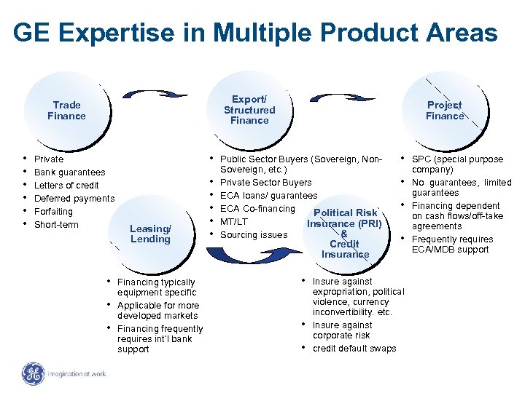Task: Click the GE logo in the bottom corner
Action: coord(33,373)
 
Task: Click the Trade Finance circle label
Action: coord(66,111)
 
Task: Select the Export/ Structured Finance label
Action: coord(249,110)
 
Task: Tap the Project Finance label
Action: coord(445,111)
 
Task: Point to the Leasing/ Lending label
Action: coord(150,234)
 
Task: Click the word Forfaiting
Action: coord(53,212)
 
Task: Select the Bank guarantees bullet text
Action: coord(69,172)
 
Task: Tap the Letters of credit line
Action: coord(66,186)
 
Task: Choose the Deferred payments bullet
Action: coord(74,199)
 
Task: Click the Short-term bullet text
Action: coord(56,225)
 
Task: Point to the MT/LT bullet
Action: coord(234,221)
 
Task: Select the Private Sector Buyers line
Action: coord(265,183)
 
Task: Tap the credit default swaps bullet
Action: coord(354,349)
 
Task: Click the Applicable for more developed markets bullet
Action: coord(157,311)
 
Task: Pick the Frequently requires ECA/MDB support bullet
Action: coord(452,245)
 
